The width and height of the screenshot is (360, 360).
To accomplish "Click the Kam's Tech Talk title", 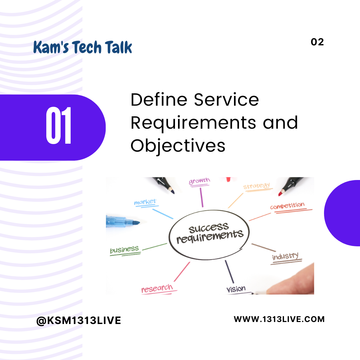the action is pos(83,47).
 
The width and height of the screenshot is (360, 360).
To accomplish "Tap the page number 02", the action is pos(317,42).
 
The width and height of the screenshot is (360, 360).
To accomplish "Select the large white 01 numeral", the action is pos(59,126).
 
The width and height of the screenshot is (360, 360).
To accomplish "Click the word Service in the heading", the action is pos(226,100).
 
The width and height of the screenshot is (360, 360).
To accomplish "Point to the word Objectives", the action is pos(178,146).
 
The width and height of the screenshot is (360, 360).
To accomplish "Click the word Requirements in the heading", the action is pos(193,123).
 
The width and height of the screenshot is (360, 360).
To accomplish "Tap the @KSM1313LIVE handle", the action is pos(79,321).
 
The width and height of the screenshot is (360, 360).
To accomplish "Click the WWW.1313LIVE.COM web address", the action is pos(279,319).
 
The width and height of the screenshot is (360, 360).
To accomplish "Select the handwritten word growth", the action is pos(199,181).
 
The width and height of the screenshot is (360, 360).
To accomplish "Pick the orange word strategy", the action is pos(256,186).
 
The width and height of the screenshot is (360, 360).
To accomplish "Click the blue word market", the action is pos(145,202).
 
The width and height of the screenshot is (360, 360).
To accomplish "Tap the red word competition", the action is pos(287,205).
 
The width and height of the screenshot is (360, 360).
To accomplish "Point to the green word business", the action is pos(124,249).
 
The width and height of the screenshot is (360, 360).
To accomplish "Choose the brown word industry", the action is pos(285,256).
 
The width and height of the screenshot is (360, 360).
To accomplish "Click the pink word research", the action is pos(157,288).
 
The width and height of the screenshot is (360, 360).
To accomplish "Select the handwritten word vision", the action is pos(236,289).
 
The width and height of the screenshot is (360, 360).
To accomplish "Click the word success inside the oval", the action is pos(208,228).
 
